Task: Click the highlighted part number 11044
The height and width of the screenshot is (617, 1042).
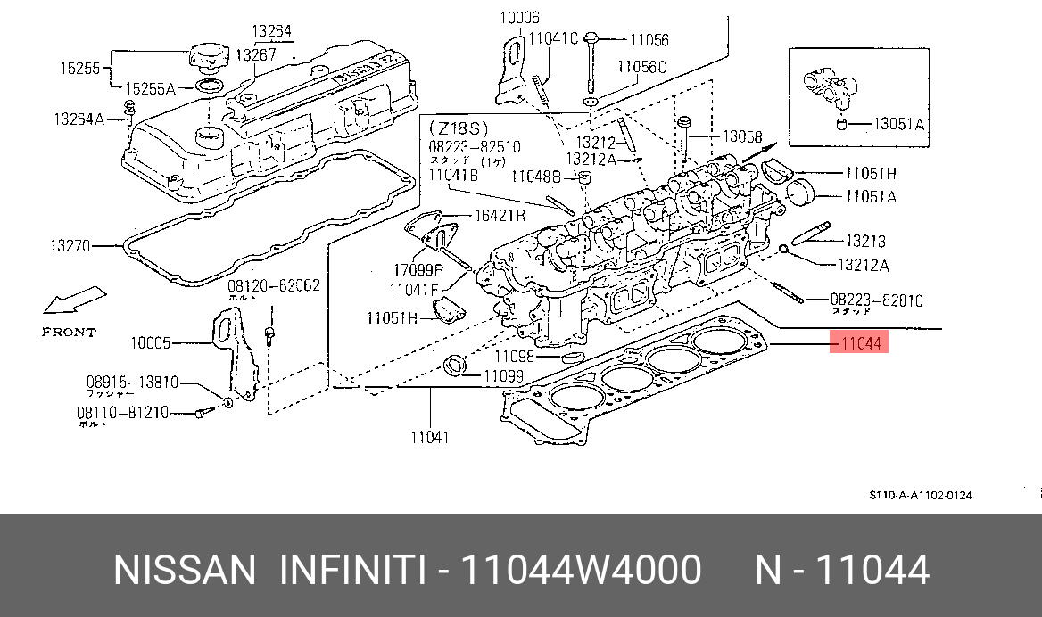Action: click(859, 342)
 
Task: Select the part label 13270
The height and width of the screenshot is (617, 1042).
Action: click(70, 246)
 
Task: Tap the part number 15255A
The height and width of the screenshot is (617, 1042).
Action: click(150, 87)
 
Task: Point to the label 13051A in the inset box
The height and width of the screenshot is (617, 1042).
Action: click(898, 124)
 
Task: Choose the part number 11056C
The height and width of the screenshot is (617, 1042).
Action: click(641, 67)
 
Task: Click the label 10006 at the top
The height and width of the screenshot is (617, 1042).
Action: click(519, 17)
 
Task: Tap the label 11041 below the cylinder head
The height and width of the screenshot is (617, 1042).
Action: click(429, 437)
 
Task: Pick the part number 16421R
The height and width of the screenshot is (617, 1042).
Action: click(499, 215)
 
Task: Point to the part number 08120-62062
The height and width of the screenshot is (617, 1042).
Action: click(273, 286)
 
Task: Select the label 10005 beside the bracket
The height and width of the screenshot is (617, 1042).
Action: click(150, 342)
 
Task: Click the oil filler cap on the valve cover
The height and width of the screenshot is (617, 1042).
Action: click(211, 60)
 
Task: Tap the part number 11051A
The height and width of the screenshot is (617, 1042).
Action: click(871, 195)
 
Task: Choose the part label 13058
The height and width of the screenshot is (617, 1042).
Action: click(742, 136)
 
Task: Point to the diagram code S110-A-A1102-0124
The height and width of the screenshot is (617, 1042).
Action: click(921, 495)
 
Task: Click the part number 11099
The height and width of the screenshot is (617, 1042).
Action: click(503, 376)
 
